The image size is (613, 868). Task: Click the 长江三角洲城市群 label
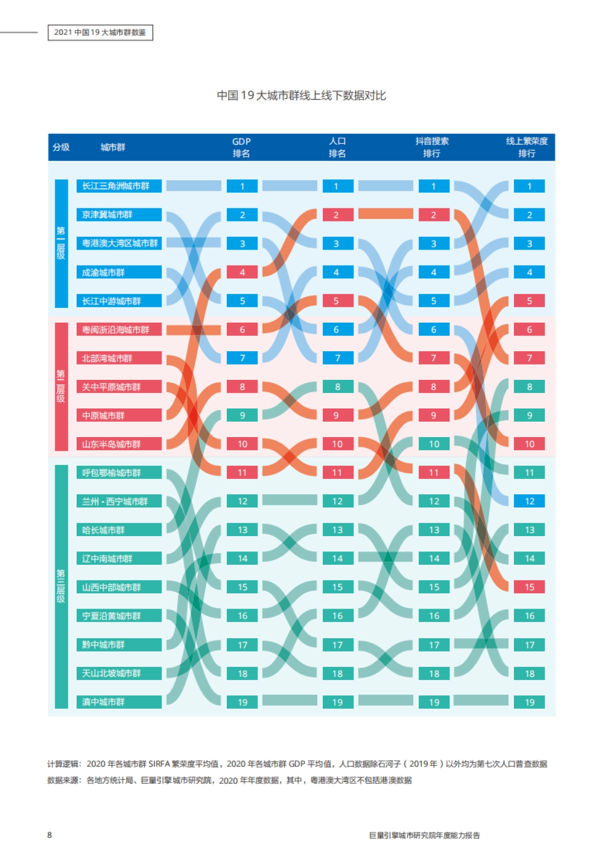[119, 186]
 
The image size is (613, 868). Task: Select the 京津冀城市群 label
[119, 214]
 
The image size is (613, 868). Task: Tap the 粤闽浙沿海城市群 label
[119, 330]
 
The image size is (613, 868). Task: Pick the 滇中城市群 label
[119, 702]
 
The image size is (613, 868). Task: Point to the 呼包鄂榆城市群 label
[119, 473]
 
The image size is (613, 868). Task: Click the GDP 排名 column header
[242, 147]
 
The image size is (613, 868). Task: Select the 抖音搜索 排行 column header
[432, 147]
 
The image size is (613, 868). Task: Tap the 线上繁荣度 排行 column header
[527, 147]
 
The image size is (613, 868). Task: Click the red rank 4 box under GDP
[242, 272]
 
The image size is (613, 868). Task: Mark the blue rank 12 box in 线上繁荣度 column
[529, 501]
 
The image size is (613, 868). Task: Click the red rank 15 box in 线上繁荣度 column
[529, 587]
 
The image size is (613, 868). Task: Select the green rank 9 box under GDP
[242, 416]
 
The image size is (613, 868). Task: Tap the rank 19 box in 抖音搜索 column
[434, 702]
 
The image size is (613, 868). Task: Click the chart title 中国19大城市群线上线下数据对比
[301, 95]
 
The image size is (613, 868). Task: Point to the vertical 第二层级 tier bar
[61, 387]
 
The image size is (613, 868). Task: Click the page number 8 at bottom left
[50, 835]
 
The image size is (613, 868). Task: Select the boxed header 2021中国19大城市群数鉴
[100, 33]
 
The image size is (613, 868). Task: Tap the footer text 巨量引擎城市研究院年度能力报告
[425, 835]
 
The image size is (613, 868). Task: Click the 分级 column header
[61, 147]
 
